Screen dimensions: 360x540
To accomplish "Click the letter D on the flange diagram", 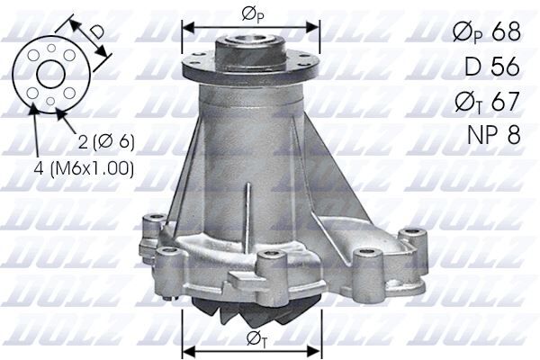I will click(x=97, y=32).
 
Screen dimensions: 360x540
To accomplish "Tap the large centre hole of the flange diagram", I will click(x=50, y=74).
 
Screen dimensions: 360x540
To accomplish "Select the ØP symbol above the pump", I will click(x=251, y=13).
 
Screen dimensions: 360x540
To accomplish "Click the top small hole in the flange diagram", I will click(x=50, y=46).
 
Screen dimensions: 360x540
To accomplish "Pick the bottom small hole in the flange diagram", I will click(x=50, y=102).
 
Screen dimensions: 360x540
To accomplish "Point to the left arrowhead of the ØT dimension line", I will click(x=186, y=346).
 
